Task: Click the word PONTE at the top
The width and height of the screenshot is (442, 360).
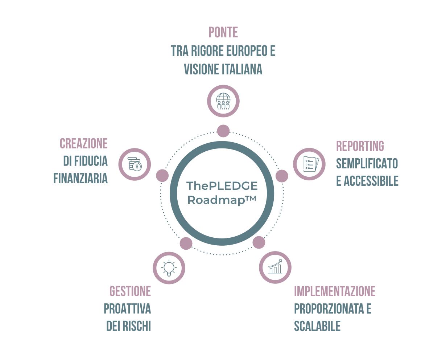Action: [223, 32]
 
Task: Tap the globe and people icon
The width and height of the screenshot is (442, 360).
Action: [223, 101]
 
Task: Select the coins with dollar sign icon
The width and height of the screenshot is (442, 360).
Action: [135, 164]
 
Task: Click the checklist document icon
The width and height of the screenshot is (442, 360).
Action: [309, 164]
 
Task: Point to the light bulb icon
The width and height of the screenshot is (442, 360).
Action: [169, 268]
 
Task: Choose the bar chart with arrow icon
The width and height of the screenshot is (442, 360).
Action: [275, 267]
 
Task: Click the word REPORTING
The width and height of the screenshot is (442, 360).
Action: [360, 146]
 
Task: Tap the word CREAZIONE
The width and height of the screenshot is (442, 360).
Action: [84, 144]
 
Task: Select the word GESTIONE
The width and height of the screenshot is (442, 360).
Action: [130, 291]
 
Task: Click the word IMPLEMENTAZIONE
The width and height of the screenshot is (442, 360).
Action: [335, 291]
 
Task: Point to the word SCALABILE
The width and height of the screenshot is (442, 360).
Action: [317, 326]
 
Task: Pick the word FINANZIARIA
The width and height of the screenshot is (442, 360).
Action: [80, 179]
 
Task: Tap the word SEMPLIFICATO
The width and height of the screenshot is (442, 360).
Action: [367, 164]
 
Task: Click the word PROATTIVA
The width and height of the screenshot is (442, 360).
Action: [127, 309]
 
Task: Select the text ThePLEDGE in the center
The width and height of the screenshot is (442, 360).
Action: [222, 186]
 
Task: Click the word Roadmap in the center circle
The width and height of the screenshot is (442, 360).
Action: [216, 200]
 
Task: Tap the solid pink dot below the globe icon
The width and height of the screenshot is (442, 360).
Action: [223, 131]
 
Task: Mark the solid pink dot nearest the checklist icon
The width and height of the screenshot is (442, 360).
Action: [282, 176]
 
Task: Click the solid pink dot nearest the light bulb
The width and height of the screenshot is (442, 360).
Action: [186, 243]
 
